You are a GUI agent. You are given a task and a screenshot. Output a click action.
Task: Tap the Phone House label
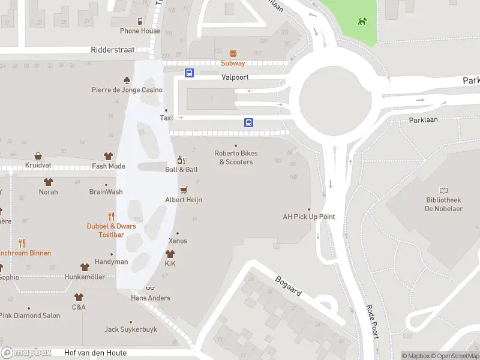140,31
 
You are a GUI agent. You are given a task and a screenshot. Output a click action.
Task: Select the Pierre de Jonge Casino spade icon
127,80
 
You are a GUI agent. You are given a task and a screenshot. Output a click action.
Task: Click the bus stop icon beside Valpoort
189,73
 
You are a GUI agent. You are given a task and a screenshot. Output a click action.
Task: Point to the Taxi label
166,118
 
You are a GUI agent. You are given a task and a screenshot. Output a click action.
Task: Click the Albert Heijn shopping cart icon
184,190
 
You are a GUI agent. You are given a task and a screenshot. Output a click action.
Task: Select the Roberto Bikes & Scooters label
236,157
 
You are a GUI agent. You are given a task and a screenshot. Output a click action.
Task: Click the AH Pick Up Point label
309,217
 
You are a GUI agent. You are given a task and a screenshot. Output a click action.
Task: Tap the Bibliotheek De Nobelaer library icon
443,190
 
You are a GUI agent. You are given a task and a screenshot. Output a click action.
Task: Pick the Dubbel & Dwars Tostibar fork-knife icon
111,216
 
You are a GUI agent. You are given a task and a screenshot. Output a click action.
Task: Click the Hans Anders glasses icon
150,289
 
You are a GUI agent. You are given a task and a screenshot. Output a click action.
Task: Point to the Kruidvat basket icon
38,156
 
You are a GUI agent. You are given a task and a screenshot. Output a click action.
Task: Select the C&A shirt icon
79,297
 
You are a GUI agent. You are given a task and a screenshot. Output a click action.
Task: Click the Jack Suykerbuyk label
131,329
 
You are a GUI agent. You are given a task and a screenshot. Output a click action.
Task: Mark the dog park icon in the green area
361,22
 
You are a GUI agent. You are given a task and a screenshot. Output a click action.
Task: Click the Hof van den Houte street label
95,353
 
